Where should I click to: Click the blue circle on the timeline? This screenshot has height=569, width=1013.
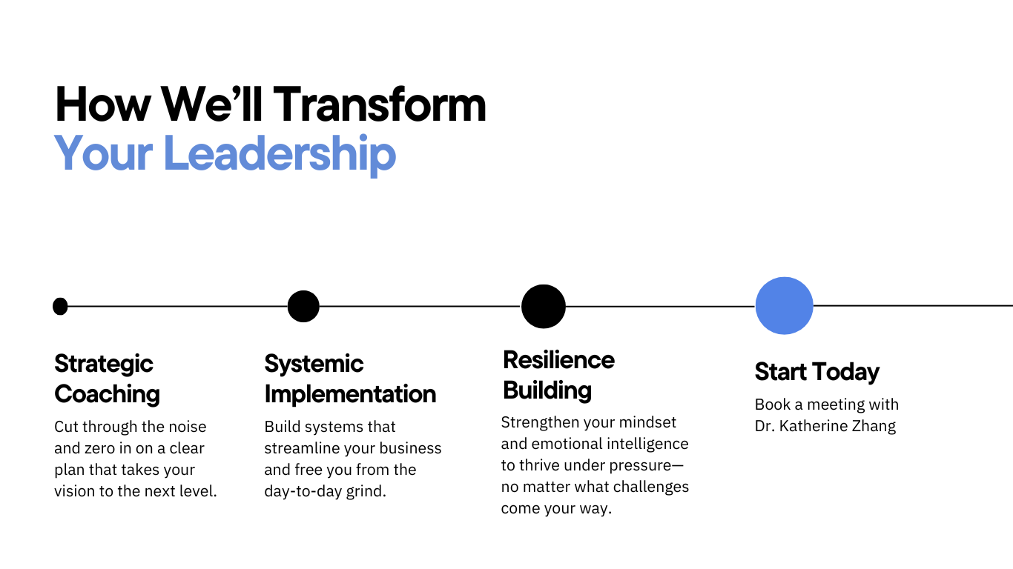[x=784, y=305]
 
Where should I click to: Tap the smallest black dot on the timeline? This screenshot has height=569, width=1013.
[x=61, y=306]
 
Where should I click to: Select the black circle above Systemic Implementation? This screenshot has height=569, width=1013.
[x=303, y=306]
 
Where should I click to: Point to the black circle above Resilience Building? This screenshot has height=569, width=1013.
[x=543, y=306]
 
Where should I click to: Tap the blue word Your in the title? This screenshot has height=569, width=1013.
[x=103, y=153]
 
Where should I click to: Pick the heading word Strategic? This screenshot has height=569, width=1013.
[x=104, y=364]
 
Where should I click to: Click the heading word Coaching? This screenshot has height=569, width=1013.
[x=107, y=394]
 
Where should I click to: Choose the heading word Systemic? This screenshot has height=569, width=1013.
[x=314, y=364]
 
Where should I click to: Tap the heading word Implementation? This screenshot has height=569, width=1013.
[x=350, y=394]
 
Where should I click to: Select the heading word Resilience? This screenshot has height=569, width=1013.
[x=558, y=360]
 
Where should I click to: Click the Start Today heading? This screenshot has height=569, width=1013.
[x=816, y=372]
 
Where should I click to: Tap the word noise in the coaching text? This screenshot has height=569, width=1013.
[x=186, y=427]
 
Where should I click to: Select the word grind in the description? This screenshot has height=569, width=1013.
[x=366, y=491]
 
